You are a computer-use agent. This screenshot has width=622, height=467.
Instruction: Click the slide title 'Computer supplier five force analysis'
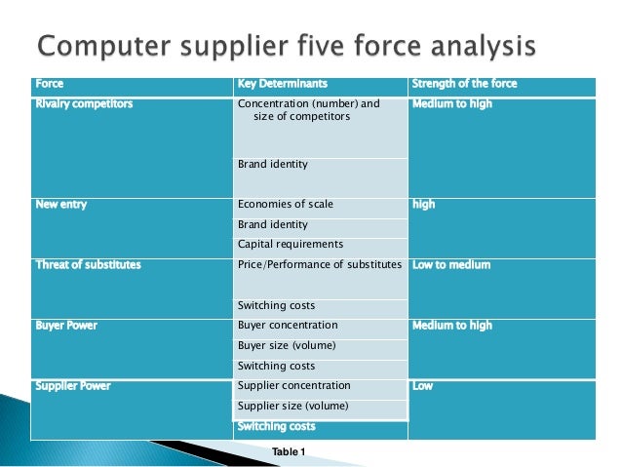(x=287, y=45)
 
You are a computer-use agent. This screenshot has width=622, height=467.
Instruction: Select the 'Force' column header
(x=49, y=84)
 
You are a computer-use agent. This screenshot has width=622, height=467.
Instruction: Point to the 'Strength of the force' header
(x=465, y=84)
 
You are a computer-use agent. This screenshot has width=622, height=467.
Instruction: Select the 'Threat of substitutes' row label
(x=88, y=265)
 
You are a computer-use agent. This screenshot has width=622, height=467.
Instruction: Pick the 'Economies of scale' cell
(x=286, y=205)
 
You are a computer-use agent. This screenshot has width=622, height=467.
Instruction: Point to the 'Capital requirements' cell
(x=291, y=245)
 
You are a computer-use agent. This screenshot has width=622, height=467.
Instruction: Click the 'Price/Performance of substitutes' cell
(x=320, y=265)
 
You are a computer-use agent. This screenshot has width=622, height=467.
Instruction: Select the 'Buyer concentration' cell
(x=288, y=326)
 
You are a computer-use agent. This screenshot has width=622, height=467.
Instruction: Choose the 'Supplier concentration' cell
(x=293, y=386)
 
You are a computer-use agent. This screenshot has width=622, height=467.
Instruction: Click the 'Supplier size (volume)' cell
(x=292, y=406)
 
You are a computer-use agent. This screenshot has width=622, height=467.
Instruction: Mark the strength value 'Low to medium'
(x=451, y=265)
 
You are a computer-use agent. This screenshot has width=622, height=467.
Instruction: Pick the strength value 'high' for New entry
(x=424, y=205)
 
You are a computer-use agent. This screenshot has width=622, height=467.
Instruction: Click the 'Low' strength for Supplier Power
(x=423, y=386)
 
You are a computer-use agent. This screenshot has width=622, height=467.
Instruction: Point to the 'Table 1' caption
(x=289, y=451)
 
